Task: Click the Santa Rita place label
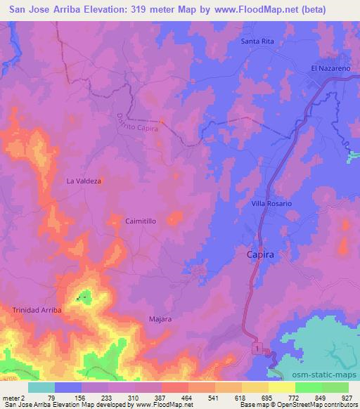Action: tap(261, 41)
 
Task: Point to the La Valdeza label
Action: tap(84, 181)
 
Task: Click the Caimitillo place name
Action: tap(141, 220)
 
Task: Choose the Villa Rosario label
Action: tap(271, 203)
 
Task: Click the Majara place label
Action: tap(160, 319)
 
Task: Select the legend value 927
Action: tap(347, 398)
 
